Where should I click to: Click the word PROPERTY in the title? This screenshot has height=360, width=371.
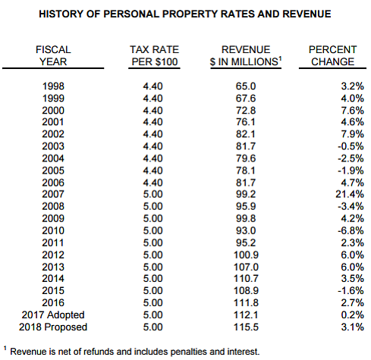click(189, 14)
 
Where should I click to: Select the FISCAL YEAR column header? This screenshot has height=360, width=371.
click(53, 55)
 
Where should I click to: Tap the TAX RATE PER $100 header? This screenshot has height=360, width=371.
click(154, 55)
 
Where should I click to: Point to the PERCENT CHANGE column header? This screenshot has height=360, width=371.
click(332, 55)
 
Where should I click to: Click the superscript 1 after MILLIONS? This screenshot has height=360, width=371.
click(280, 59)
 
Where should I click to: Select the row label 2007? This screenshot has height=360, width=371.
click(53, 194)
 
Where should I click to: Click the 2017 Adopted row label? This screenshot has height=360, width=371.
click(53, 315)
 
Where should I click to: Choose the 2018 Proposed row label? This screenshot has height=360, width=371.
click(53, 327)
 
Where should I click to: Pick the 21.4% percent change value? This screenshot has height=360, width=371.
click(350, 194)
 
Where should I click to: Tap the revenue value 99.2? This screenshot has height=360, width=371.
click(246, 194)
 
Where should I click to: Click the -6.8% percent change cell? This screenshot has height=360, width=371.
click(351, 230)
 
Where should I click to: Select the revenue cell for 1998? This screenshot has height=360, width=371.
click(246, 86)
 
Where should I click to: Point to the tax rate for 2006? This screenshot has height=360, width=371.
click(152, 183)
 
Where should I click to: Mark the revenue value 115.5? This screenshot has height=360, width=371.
click(246, 327)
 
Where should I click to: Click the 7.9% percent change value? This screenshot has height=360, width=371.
click(352, 134)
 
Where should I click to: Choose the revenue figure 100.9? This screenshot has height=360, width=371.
click(246, 255)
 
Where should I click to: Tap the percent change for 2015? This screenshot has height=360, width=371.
click(351, 291)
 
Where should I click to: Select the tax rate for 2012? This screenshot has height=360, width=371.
click(152, 255)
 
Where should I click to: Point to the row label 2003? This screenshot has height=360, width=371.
click(53, 146)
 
